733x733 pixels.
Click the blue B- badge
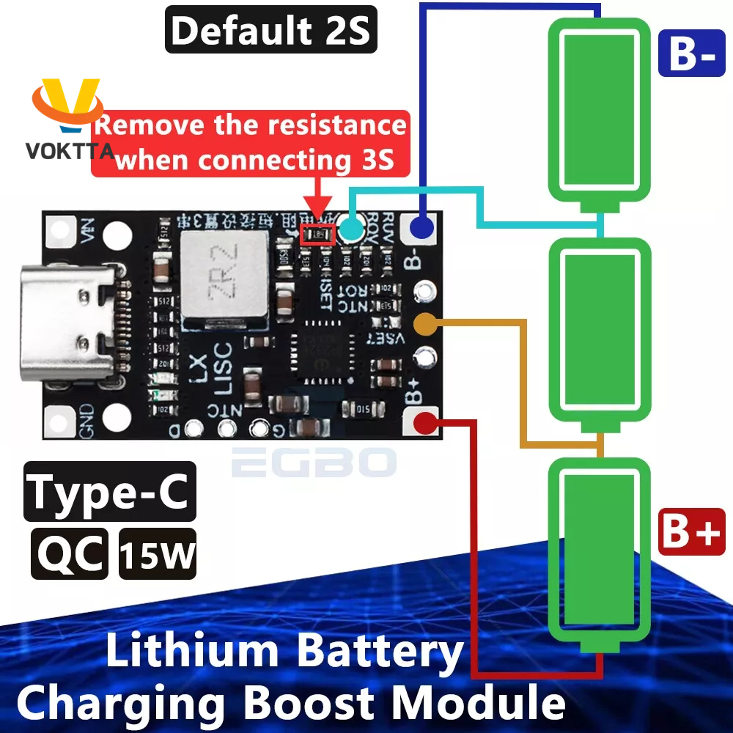click(x=692, y=54)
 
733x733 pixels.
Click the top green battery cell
click(x=600, y=110)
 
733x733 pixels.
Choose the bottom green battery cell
click(x=600, y=553)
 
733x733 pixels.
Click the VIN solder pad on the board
click(x=63, y=233)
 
